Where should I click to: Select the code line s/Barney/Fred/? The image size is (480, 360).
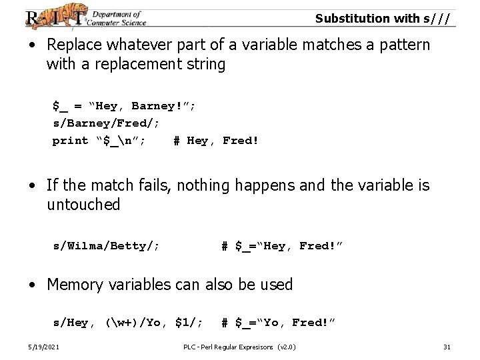(106, 123)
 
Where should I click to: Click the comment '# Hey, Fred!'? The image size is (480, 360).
(213, 141)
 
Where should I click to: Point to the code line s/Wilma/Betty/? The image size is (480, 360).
(106, 246)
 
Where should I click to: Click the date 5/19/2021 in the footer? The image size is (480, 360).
(42, 347)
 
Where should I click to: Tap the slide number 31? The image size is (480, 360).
(447, 347)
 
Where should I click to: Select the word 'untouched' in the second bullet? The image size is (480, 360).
(83, 205)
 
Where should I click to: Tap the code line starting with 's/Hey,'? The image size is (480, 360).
(128, 323)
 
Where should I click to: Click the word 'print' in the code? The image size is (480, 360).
(70, 141)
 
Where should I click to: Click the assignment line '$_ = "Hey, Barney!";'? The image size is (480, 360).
(124, 106)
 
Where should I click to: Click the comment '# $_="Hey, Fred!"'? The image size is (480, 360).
(281, 246)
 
